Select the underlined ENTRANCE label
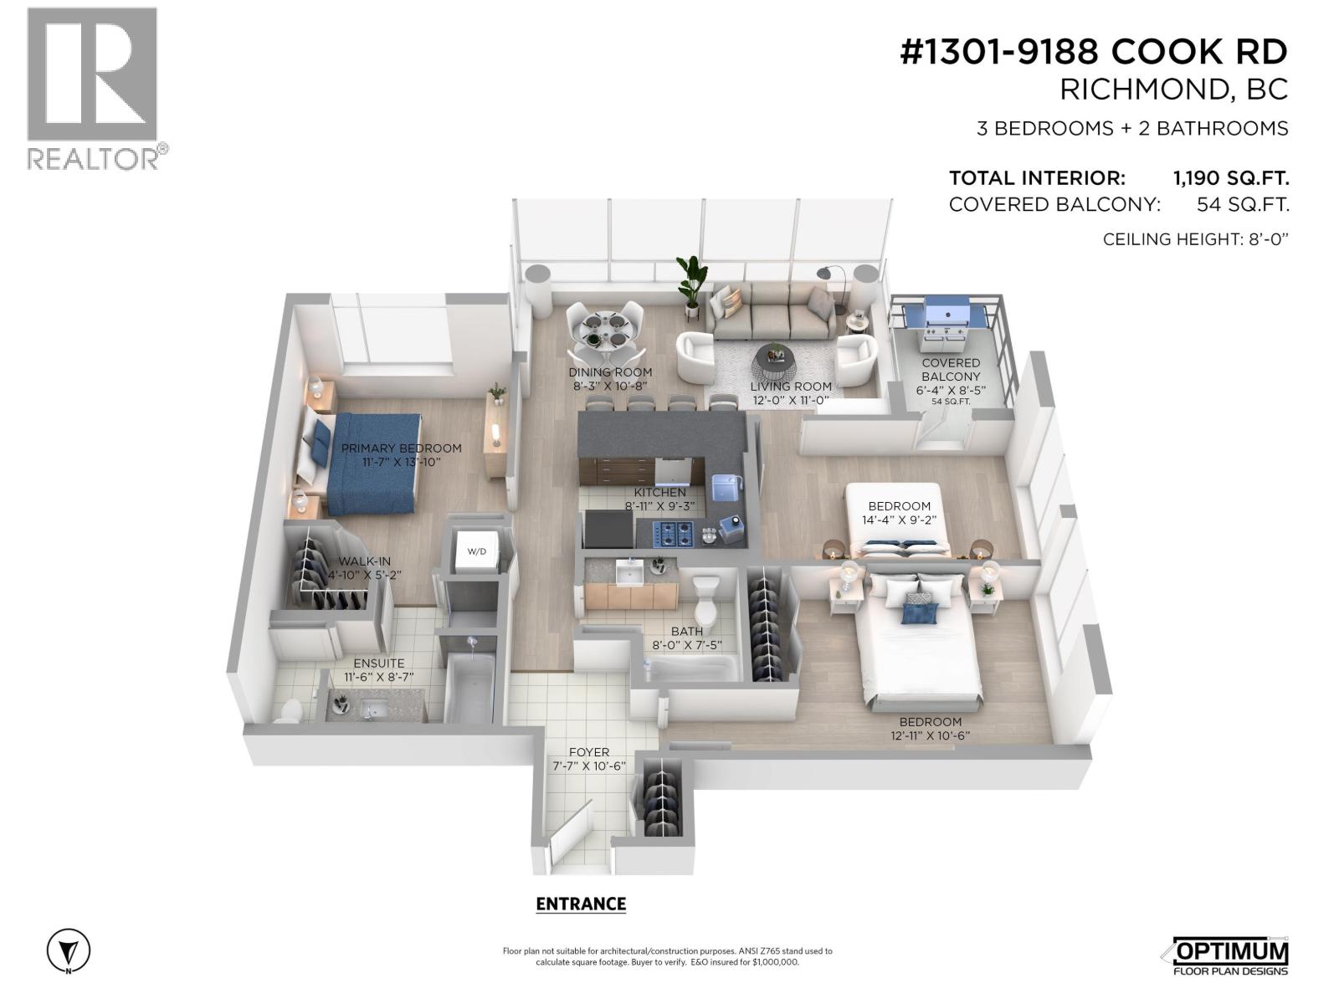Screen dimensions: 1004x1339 point(581,904)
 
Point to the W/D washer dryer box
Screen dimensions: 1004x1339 point(477,551)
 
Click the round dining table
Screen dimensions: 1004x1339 point(604,329)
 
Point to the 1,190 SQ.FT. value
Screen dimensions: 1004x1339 point(1230,178)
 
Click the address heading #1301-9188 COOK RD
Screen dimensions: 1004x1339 point(1094,53)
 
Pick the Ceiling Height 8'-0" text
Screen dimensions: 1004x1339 point(1195,239)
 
